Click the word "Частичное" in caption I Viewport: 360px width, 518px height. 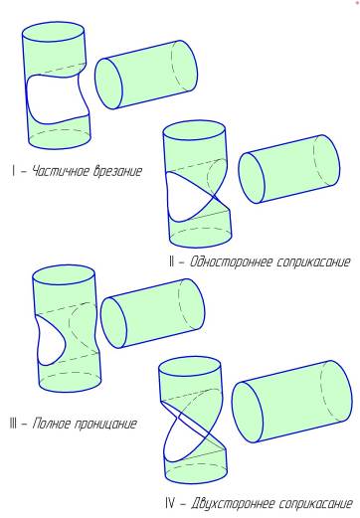(60, 171)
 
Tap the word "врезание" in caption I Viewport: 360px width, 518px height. (117, 171)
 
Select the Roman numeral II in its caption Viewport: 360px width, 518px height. (171, 261)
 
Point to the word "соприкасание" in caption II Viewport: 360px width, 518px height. (312, 262)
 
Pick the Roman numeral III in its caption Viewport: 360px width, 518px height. (13, 424)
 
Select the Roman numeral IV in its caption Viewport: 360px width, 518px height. (170, 503)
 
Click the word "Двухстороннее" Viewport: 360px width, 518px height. (232, 503)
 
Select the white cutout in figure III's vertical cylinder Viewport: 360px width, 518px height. (50, 341)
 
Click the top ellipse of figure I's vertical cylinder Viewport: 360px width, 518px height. (53, 32)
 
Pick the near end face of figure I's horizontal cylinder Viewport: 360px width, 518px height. (108, 84)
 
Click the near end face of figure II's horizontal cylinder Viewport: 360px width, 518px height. (252, 178)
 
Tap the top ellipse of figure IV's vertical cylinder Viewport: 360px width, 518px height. (190, 367)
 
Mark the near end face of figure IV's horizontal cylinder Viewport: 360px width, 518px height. (248, 413)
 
